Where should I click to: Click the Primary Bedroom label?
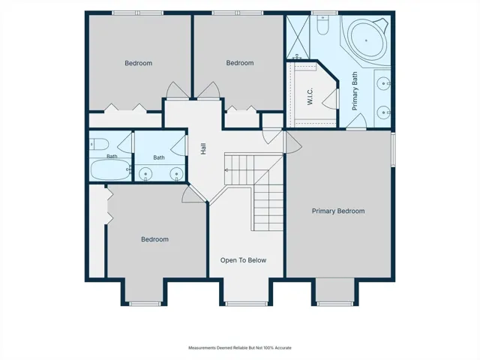(x=338, y=211)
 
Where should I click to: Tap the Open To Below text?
(x=243, y=260)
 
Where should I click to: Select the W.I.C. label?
(x=310, y=97)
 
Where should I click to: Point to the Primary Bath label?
(x=355, y=91)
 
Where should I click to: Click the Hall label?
(x=203, y=148)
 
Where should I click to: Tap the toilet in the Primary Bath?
(x=322, y=25)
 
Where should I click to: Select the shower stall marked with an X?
(x=298, y=36)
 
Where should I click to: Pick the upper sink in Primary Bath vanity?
(x=383, y=83)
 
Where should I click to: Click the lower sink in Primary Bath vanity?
(x=383, y=112)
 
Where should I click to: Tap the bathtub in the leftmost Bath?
(x=110, y=169)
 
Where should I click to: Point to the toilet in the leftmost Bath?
(x=99, y=144)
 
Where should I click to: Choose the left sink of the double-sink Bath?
(x=145, y=174)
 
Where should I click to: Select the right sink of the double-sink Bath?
(x=176, y=174)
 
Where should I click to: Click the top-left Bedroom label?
(x=138, y=63)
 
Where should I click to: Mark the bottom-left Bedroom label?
(x=155, y=239)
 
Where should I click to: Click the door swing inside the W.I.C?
(x=330, y=98)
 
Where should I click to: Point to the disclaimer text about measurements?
(x=240, y=348)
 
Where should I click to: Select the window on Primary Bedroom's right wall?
(x=393, y=149)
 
